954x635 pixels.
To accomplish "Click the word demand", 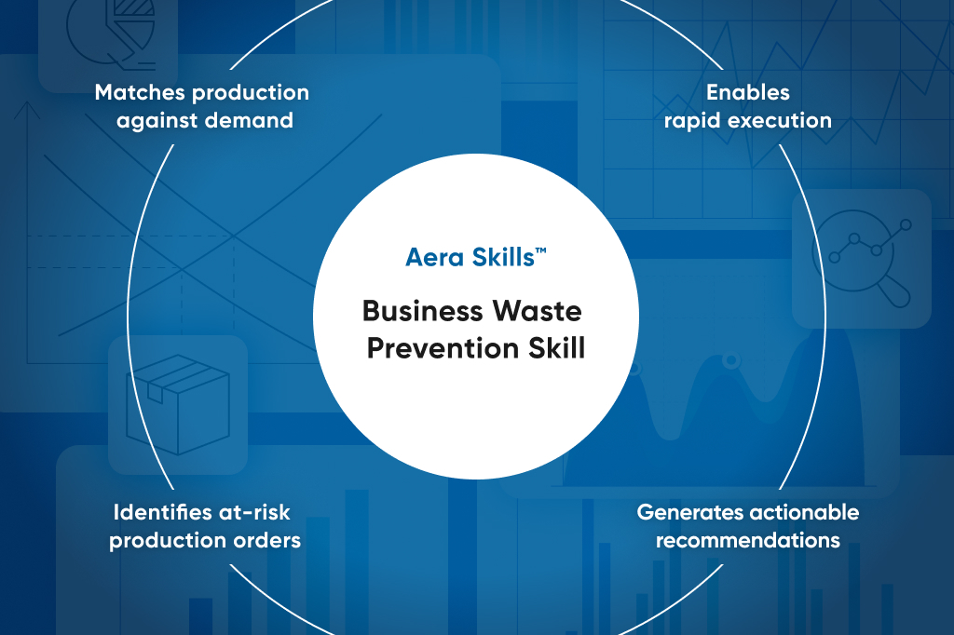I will pos(251,120).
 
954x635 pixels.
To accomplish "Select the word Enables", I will pos(747,92).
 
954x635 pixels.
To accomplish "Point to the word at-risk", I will pos(256,512).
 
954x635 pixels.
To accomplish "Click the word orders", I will pos(270,540).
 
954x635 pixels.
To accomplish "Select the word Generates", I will pos(684,512).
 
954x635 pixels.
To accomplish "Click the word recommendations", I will pos(747,540).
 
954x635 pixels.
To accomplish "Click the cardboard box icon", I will pos(177,404).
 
